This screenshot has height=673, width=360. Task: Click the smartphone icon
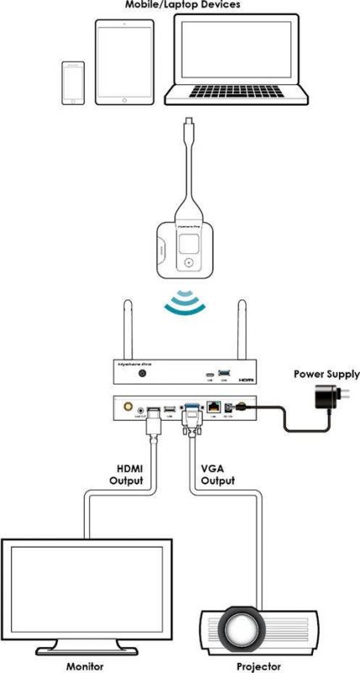[x=73, y=82]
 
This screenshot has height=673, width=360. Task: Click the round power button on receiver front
[x=144, y=371]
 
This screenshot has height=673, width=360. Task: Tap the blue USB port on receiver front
[x=222, y=371]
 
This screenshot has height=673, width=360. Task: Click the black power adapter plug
[x=320, y=396]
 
